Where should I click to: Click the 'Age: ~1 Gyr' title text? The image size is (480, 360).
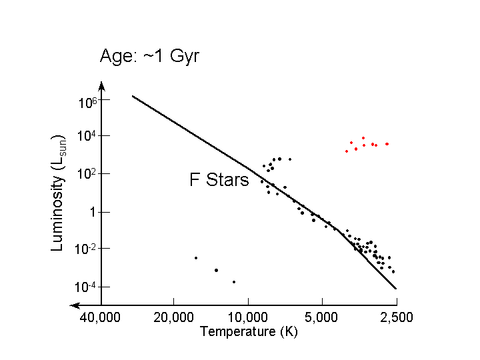click(149, 55)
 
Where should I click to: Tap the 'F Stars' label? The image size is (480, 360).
click(219, 180)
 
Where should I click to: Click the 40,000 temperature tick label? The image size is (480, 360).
click(101, 317)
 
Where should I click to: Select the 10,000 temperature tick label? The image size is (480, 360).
click(248, 317)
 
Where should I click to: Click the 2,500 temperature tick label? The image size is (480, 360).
click(397, 317)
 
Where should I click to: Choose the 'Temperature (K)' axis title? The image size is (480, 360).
click(249, 331)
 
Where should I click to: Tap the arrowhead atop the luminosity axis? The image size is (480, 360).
click(101, 85)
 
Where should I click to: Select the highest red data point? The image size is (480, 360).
click(363, 138)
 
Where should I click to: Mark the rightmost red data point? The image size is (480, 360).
click(387, 144)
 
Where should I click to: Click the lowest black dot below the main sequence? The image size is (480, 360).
click(234, 282)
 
